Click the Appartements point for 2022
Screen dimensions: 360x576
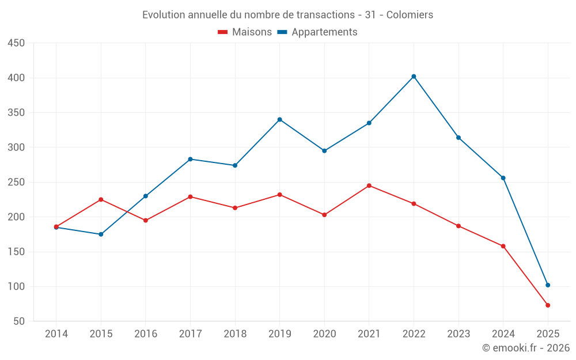(414, 76)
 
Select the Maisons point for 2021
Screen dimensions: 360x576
(369, 185)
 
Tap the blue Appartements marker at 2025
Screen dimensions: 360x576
(548, 285)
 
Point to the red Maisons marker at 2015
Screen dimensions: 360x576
(101, 199)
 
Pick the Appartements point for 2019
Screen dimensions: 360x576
(279, 119)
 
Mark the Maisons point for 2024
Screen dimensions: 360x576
(503, 246)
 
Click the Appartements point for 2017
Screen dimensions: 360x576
(190, 159)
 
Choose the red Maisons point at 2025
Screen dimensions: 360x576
(548, 305)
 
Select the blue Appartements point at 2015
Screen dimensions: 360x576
(101, 234)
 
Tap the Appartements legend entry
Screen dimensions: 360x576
(324, 32)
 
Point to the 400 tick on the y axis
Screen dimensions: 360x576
(16, 78)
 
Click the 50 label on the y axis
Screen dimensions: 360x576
(19, 321)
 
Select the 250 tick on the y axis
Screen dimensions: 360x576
(16, 182)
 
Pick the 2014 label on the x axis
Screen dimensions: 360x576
(56, 334)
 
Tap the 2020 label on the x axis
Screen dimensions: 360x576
(324, 334)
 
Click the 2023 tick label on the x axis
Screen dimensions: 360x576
(458, 334)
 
